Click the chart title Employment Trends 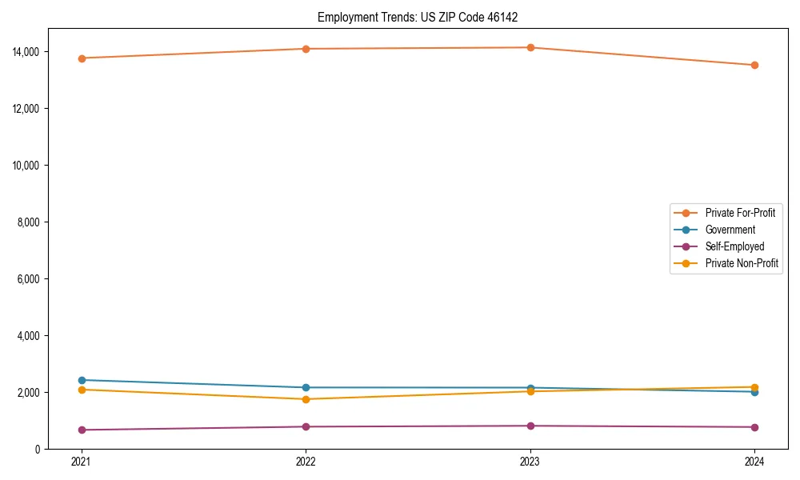tap(423, 17)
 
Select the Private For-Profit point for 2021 tap(82, 58)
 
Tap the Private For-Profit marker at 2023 tap(530, 48)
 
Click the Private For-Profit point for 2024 tap(754, 66)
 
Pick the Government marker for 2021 tap(82, 380)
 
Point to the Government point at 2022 tap(306, 388)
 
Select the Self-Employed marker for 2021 tap(82, 430)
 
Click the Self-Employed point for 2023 tap(530, 426)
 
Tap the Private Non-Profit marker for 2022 tap(306, 399)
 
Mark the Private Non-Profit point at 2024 tap(754, 387)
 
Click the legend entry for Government tap(730, 230)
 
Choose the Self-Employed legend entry tap(734, 246)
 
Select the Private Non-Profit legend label tap(742, 263)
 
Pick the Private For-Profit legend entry tap(739, 213)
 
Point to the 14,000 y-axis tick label tap(29, 52)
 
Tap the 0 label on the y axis tap(39, 450)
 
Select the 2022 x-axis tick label tap(306, 462)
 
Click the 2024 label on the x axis tap(754, 462)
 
